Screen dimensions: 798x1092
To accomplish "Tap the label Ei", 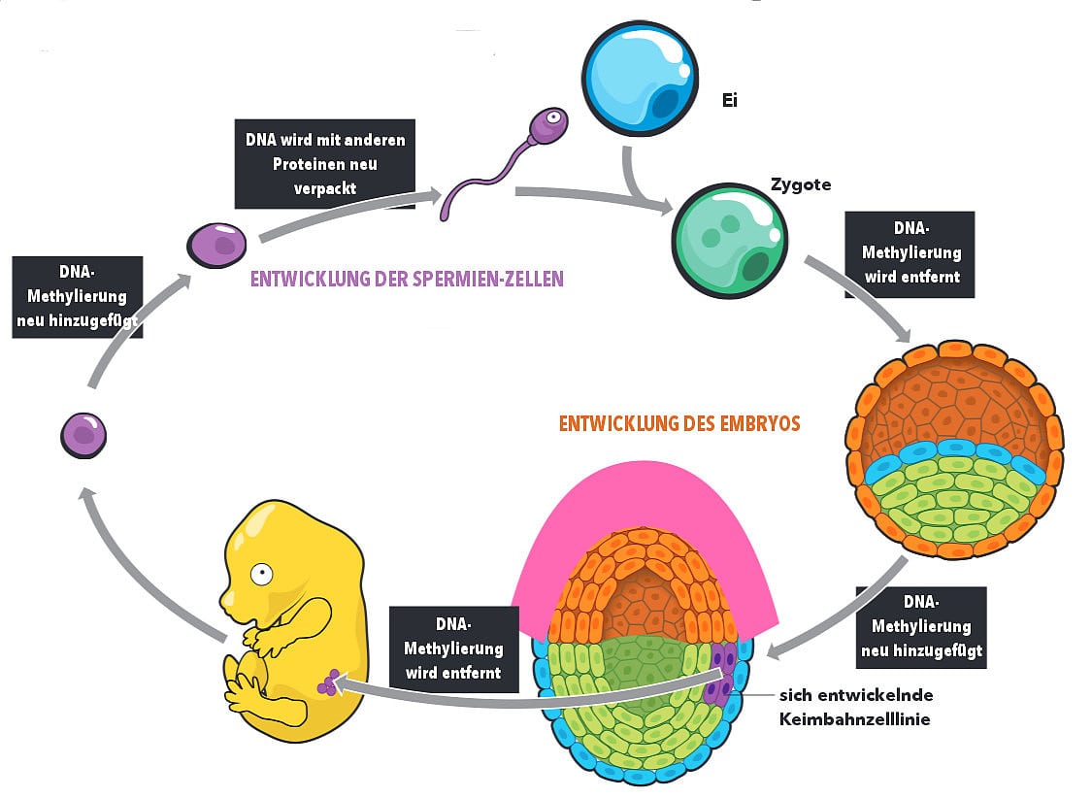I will click(x=730, y=99).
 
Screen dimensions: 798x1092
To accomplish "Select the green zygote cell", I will click(x=730, y=236).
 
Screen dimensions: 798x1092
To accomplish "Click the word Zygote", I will click(x=801, y=184).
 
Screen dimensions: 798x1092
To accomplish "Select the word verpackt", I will click(x=324, y=188).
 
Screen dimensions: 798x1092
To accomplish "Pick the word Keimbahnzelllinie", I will click(x=855, y=719).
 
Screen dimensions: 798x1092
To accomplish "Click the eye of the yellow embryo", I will click(x=260, y=574).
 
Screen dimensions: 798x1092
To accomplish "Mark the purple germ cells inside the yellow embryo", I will click(x=330, y=682).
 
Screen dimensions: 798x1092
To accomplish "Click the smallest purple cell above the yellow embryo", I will click(x=83, y=433).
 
